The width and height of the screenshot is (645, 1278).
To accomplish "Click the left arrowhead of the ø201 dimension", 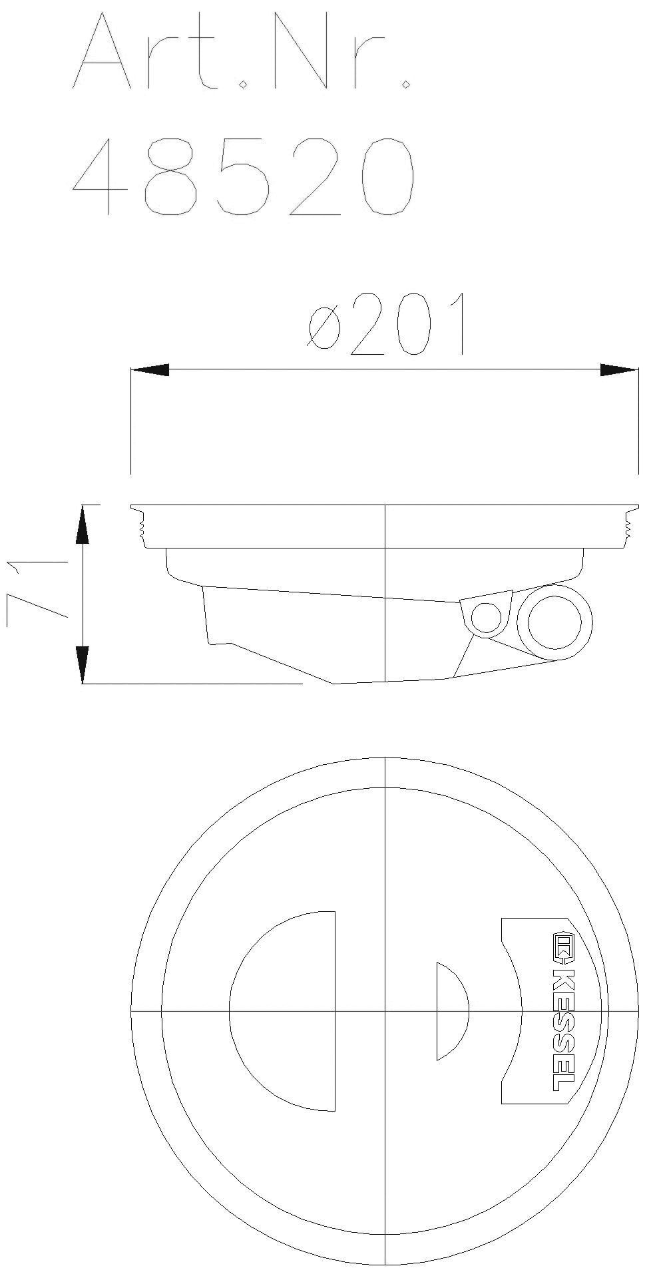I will (x=149, y=370).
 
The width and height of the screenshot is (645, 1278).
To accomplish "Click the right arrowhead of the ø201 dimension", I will (x=619, y=370).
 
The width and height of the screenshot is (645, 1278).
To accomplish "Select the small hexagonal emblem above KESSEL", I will (x=562, y=949).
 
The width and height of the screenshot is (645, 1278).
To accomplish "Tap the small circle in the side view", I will (x=486, y=618).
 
